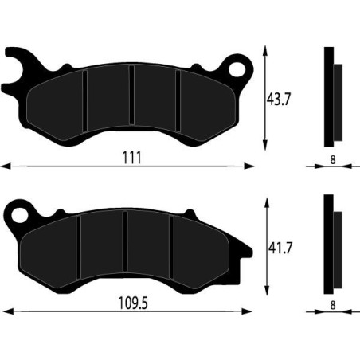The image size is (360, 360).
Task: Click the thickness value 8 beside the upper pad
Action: tap(331, 158)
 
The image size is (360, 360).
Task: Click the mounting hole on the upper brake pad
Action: tap(237, 66)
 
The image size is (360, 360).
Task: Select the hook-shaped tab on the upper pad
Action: tap(18, 67)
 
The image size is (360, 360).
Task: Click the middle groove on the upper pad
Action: tap(132, 101)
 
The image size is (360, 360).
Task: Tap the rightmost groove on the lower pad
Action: tap(170, 249)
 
